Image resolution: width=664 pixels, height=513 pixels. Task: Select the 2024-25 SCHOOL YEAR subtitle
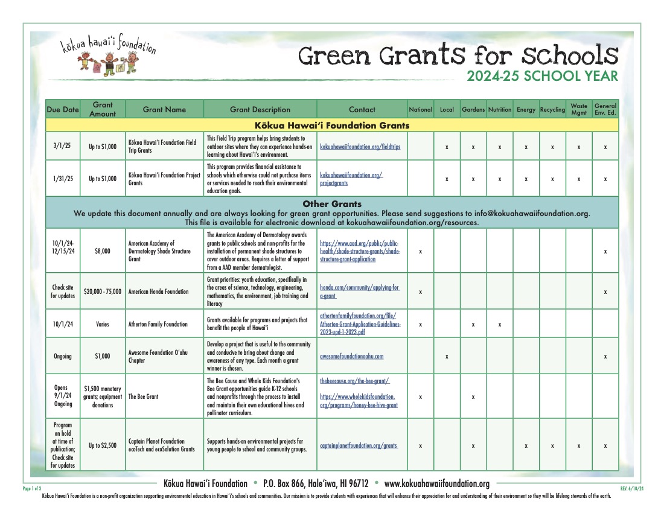click(542, 76)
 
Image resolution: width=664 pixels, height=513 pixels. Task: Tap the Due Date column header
click(63, 110)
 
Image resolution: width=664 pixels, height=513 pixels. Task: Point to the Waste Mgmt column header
click(579, 109)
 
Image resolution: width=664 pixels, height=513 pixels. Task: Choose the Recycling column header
click(552, 110)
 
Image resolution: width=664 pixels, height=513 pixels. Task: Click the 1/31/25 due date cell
click(63, 179)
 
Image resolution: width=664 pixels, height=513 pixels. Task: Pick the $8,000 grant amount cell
click(103, 251)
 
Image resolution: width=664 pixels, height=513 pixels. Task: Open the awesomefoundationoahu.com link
click(351, 356)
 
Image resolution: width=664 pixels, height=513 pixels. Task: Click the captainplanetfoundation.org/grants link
click(359, 446)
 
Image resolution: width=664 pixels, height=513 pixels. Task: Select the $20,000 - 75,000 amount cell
click(103, 292)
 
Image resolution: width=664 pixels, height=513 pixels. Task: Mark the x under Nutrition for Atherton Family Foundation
click(500, 324)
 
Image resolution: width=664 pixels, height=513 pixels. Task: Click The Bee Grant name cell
click(144, 397)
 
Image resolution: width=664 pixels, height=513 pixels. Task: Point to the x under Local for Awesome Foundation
click(447, 356)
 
